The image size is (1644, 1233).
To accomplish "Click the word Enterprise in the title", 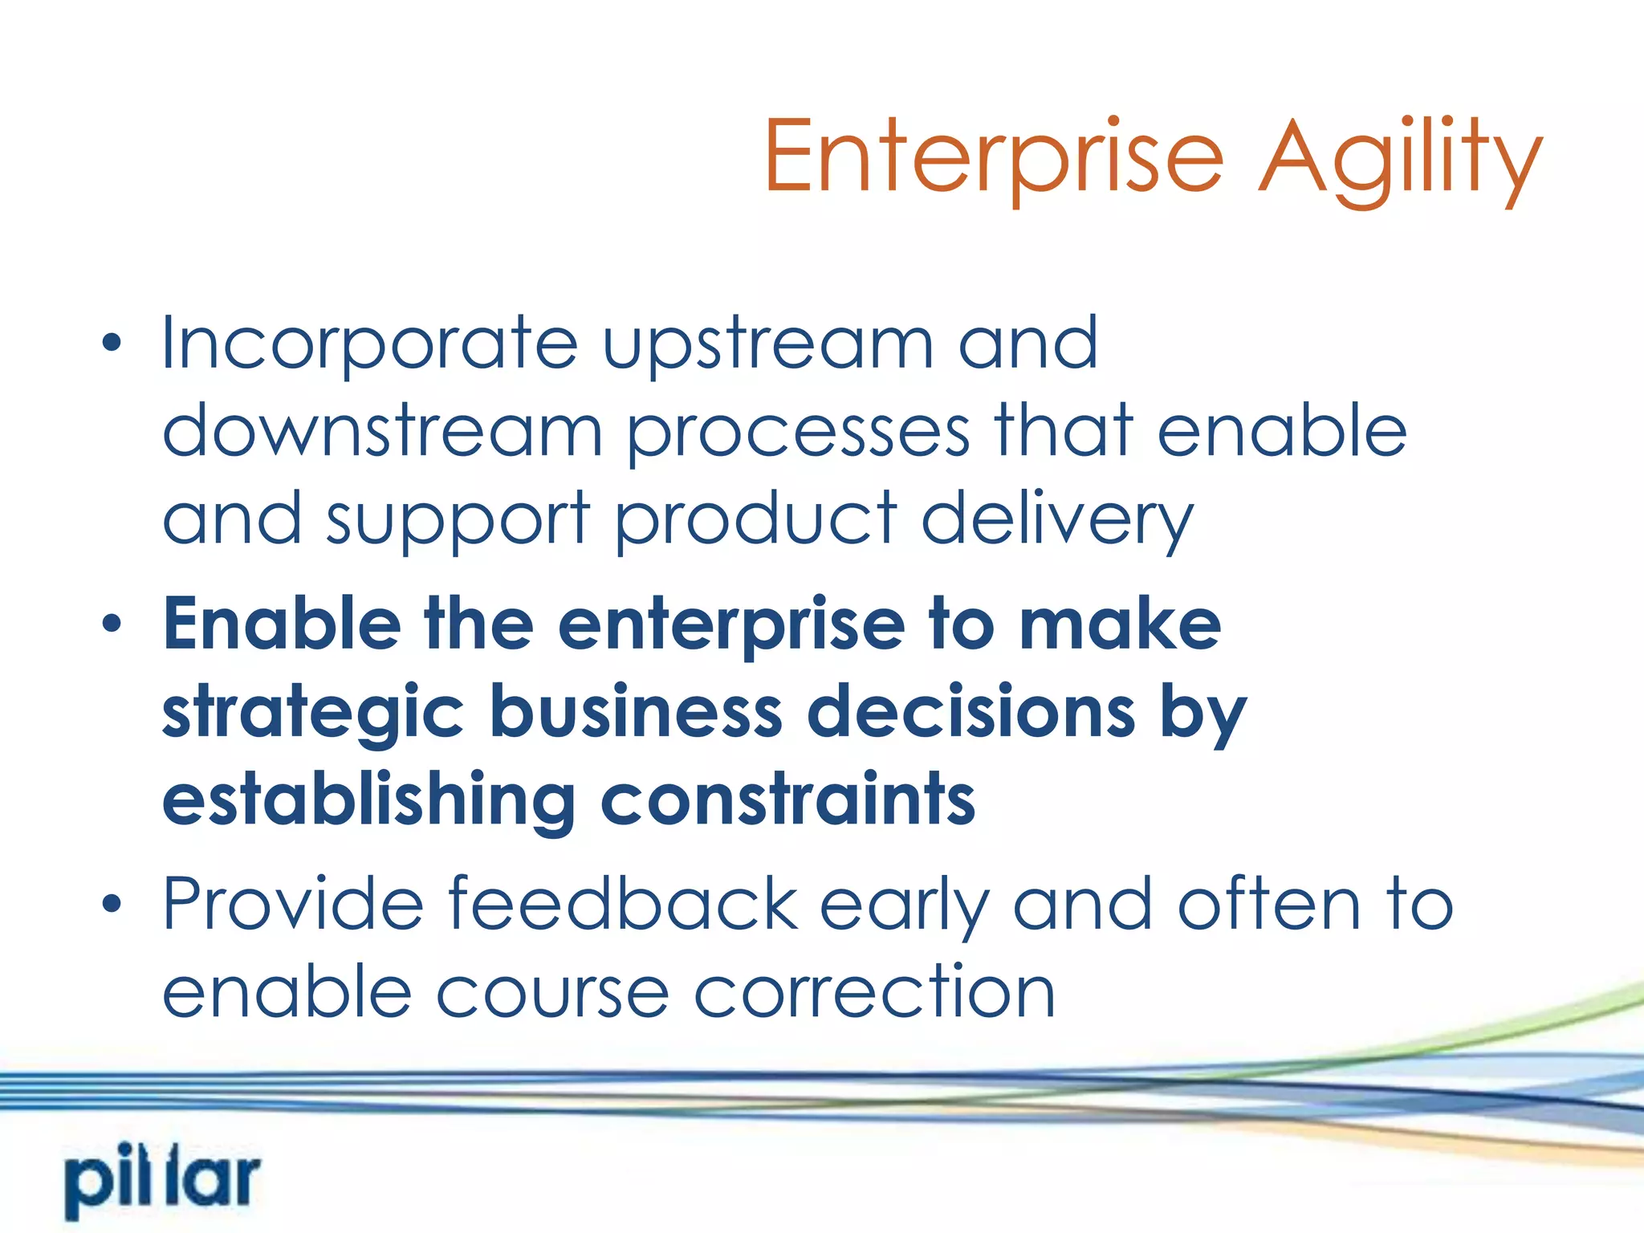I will click(x=994, y=157).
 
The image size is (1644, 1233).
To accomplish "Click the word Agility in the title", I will click(x=1400, y=157).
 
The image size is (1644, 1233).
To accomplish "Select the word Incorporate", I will click(x=369, y=344).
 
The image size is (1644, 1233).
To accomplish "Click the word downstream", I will click(x=382, y=432).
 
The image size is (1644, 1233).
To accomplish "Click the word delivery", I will click(x=1057, y=520).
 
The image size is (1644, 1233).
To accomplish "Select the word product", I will click(x=756, y=520).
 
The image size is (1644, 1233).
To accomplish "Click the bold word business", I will click(x=636, y=711).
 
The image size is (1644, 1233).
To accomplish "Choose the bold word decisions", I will click(x=971, y=711).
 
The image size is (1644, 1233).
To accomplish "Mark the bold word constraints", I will click(x=787, y=800).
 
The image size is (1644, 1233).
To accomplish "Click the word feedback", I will click(x=622, y=904).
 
